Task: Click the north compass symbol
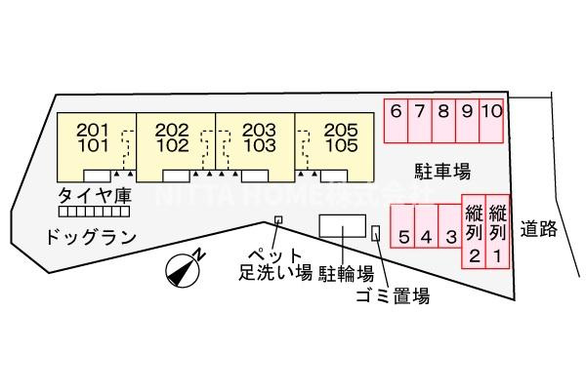[183, 269]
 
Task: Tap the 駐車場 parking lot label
[441, 173]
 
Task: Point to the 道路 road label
[538, 230]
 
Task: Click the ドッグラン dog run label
[88, 236]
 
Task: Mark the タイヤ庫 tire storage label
[94, 195]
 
